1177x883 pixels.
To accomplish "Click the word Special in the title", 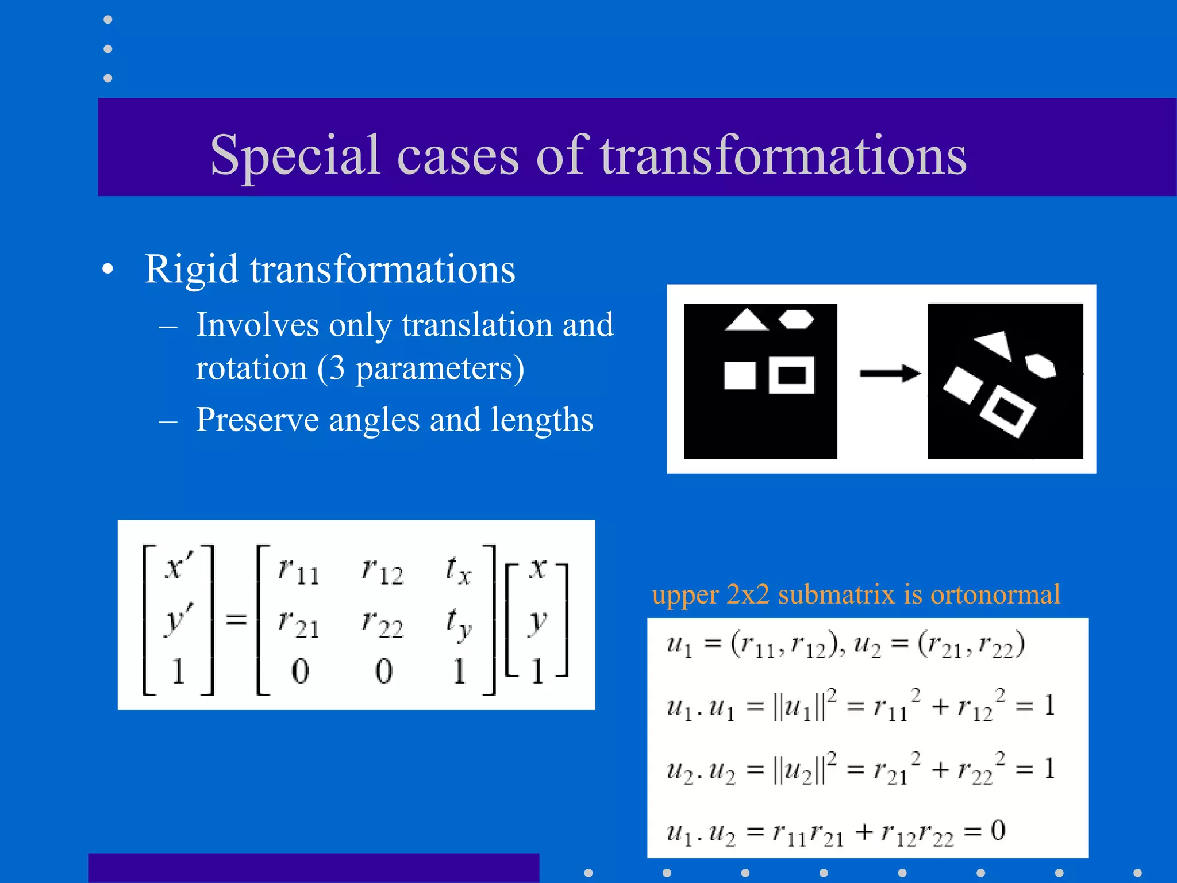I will tap(294, 155).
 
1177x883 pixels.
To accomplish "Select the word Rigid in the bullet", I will tap(191, 269).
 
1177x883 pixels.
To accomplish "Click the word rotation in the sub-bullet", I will tap(251, 368).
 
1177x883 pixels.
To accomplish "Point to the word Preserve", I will tap(257, 420).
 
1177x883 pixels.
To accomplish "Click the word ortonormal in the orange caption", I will tap(995, 594).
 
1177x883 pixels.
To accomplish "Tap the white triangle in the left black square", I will tap(746, 321).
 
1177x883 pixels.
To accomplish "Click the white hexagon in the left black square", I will tap(797, 319).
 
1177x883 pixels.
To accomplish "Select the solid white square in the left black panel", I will tap(740, 375).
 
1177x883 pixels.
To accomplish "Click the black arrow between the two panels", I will tap(890, 374).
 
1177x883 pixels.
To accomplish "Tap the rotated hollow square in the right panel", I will tap(1007, 410).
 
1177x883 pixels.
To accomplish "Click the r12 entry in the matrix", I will tap(382, 571).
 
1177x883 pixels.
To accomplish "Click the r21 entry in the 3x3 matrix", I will tap(298, 623).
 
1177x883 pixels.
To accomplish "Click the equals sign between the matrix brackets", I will tap(236, 619).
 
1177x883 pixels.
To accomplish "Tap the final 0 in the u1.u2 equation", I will tap(998, 830).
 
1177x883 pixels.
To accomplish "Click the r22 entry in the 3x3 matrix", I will tap(382, 623).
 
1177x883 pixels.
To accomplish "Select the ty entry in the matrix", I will tap(459, 623).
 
